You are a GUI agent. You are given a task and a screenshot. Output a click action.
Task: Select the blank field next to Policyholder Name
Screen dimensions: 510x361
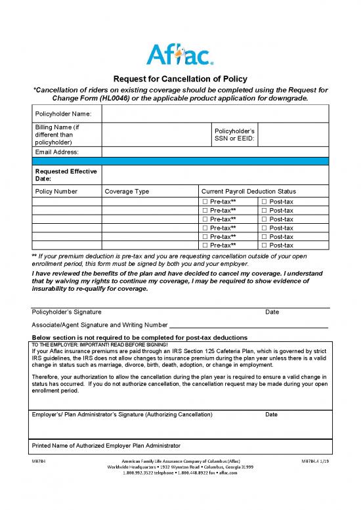pos(215,114)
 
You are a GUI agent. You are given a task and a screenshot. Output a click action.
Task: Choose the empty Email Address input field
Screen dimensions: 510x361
pos(215,152)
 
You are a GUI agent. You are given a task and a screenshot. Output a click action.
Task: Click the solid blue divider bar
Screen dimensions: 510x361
pos(180,160)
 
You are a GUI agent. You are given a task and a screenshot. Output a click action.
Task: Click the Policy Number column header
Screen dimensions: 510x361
pos(56,191)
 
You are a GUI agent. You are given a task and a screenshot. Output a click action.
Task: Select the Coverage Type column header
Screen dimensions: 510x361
pos(127,191)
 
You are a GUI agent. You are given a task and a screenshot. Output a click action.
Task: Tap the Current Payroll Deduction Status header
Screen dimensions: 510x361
pos(248,191)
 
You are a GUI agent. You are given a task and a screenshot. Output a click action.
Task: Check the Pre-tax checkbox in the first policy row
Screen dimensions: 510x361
pos(205,202)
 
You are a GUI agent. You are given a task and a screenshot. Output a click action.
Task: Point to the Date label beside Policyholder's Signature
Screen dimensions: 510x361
pos(272,312)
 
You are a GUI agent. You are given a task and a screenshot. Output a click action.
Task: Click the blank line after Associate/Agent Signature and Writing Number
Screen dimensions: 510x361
pos(249,325)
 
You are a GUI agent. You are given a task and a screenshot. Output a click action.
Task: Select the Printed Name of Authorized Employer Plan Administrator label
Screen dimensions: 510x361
pos(106,446)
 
